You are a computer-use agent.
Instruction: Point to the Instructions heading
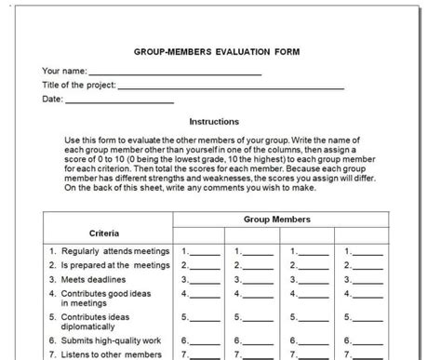pos(214,121)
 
